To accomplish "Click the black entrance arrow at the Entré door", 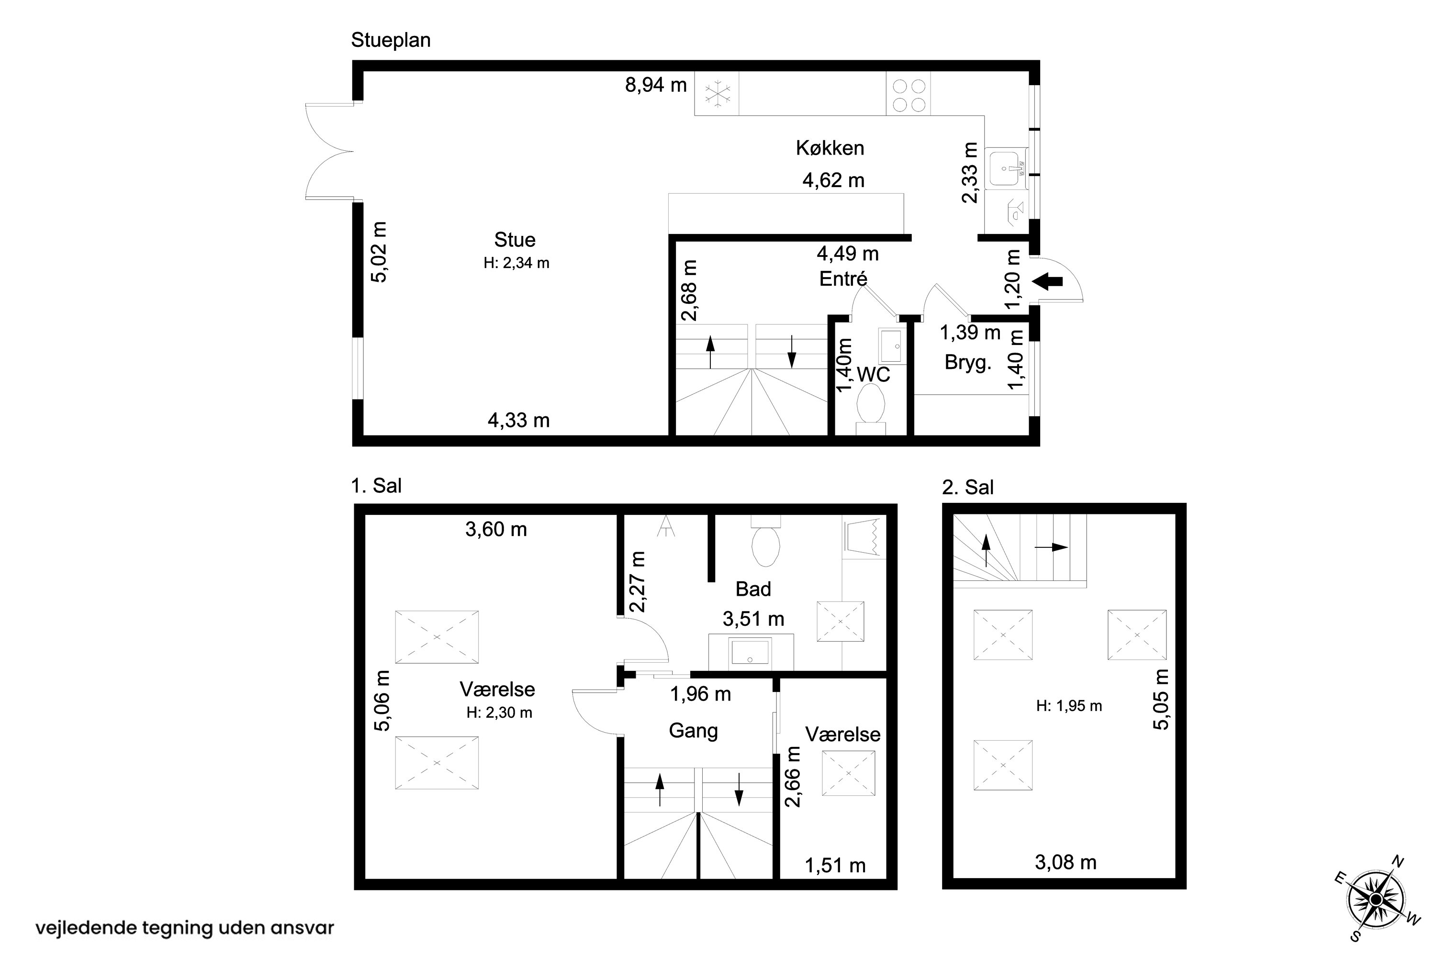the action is [1047, 282].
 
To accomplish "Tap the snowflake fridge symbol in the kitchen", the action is [718, 94].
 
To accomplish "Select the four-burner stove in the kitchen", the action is [909, 95].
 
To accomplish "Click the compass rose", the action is [1376, 900].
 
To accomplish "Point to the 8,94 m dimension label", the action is [656, 85].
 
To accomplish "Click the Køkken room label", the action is [830, 148].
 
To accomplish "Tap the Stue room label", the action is [515, 240].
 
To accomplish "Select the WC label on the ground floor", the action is [874, 375].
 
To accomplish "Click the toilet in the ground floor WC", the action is [871, 410].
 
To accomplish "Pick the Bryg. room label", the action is [968, 363].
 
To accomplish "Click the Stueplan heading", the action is [391, 40].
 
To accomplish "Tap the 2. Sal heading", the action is [968, 487].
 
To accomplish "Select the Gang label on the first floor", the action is [693, 731].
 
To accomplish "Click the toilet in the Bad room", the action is [765, 540].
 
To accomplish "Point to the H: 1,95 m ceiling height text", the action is [1069, 706].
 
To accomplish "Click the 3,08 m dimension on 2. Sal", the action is [1066, 862].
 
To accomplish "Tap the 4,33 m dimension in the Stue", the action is [518, 421].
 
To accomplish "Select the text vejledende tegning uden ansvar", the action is [185, 928].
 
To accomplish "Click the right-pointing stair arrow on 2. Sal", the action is [1051, 547].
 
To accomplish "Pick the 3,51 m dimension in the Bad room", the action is [753, 620].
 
